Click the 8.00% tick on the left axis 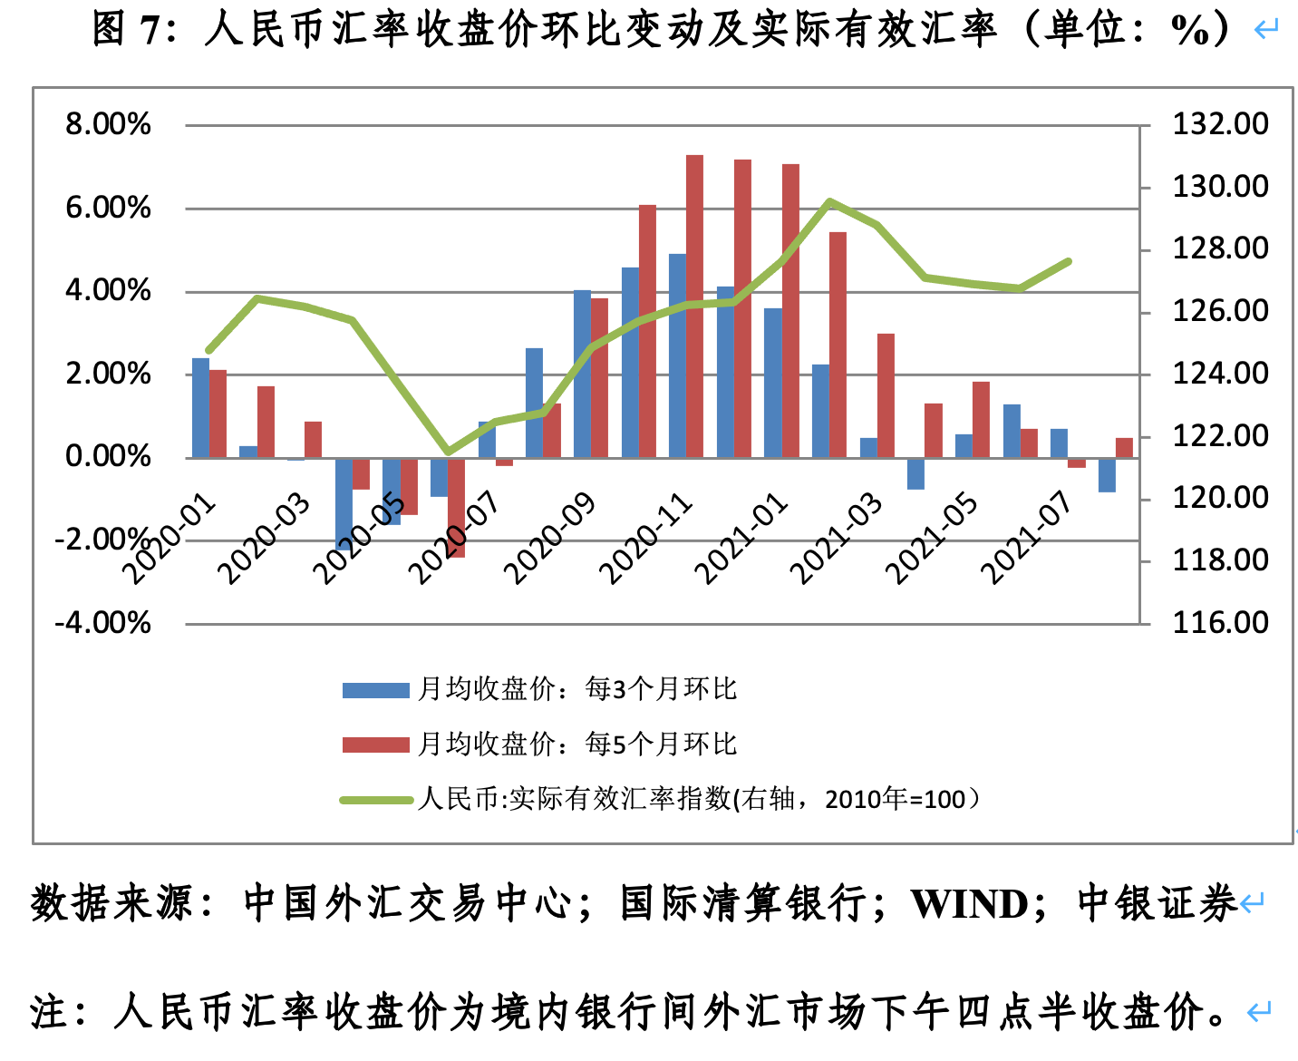point(108,124)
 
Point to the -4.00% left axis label point(102,623)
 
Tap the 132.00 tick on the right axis point(1220,124)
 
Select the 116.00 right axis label point(1220,623)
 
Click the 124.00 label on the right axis point(1220,374)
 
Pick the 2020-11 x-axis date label point(646,539)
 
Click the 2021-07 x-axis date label point(1027,539)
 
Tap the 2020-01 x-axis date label point(170,539)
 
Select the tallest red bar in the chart point(694,306)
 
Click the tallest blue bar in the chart point(677,355)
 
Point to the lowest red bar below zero point(456,508)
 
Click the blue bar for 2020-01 point(200,407)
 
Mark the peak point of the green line point(829,201)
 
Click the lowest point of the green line point(447,452)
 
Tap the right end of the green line point(1069,261)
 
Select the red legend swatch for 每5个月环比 point(375,745)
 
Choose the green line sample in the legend point(375,800)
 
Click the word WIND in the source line point(969,904)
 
